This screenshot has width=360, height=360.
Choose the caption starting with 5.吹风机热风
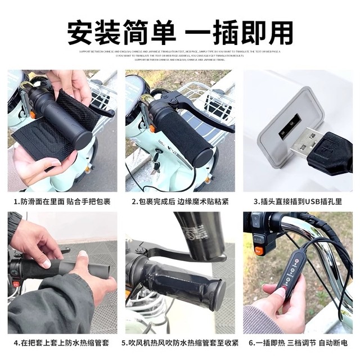(180, 343)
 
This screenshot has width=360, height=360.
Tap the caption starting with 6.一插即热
(298, 343)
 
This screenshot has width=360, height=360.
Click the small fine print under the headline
(180, 53)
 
